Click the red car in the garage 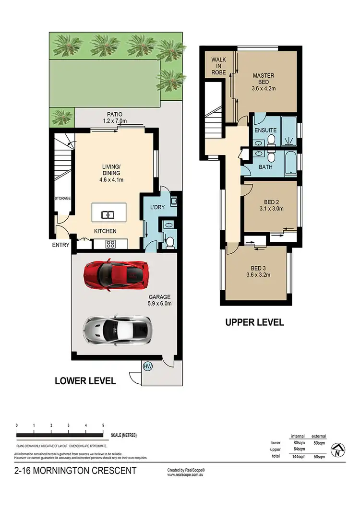click(115, 274)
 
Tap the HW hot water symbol click(148, 367)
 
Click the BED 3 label click(258, 268)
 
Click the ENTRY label click(61, 245)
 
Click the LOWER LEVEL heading click(85, 381)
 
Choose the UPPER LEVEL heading click(254, 322)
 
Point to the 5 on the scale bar click(103, 426)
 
